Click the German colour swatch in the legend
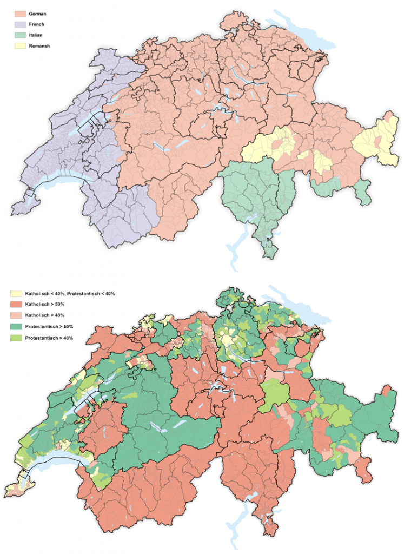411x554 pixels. pyautogui.click(x=20, y=14)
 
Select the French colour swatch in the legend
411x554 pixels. pyautogui.click(x=20, y=24)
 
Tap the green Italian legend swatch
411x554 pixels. pyautogui.click(x=20, y=35)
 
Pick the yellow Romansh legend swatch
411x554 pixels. pyautogui.click(x=20, y=46)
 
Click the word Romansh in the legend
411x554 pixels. pyautogui.click(x=41, y=46)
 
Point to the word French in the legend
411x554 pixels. pyautogui.click(x=37, y=24)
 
